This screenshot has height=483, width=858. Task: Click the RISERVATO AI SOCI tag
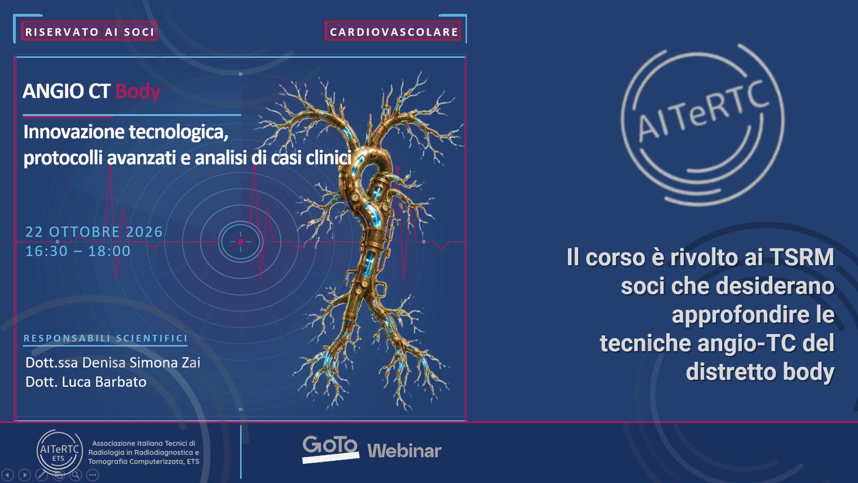pyautogui.click(x=89, y=31)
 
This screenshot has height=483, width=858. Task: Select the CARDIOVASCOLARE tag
pyautogui.click(x=393, y=31)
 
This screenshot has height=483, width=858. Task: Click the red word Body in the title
pyautogui.click(x=138, y=91)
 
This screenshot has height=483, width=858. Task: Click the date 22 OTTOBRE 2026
pyautogui.click(x=94, y=232)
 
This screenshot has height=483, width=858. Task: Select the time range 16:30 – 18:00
pyautogui.click(x=78, y=251)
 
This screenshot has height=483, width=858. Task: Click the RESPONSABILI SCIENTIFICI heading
pyautogui.click(x=105, y=338)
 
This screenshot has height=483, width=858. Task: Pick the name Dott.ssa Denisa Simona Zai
pyautogui.click(x=113, y=362)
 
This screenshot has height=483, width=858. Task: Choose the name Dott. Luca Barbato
pyautogui.click(x=86, y=382)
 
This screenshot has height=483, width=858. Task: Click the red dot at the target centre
pyautogui.click(x=240, y=241)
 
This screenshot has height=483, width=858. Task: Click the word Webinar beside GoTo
pyautogui.click(x=404, y=451)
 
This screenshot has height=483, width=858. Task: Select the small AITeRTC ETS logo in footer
pyautogui.click(x=59, y=451)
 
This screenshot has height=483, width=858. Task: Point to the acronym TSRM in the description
pyautogui.click(x=802, y=258)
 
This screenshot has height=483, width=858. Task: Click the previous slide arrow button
pyautogui.click(x=8, y=475)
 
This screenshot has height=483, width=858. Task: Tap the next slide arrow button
pyautogui.click(x=25, y=475)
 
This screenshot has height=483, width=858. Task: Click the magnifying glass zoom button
pyautogui.click(x=76, y=475)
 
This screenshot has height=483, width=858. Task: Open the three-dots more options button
pyautogui.click(x=93, y=475)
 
